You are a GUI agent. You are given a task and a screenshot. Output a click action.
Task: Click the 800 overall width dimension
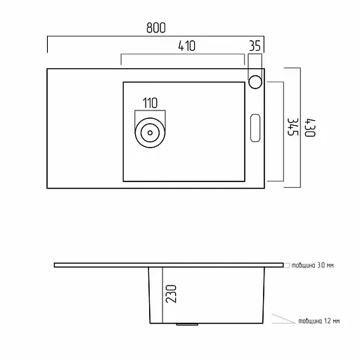click(156, 27)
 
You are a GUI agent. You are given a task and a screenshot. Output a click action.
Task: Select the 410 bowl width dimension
click(186, 46)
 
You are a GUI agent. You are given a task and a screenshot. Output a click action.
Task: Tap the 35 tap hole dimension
click(255, 46)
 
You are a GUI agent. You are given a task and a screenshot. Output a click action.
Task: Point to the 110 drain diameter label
click(150, 103)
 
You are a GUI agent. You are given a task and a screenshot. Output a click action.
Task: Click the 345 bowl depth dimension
click(293, 127)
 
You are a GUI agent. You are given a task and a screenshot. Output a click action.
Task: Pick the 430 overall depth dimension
click(310, 128)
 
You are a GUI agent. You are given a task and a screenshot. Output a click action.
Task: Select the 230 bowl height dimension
click(171, 294)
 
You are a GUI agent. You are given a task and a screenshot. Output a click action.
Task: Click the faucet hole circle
click(255, 82)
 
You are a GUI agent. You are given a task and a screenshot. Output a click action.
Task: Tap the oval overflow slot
click(255, 128)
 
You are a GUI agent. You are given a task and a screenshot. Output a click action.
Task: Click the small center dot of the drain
click(150, 133)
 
